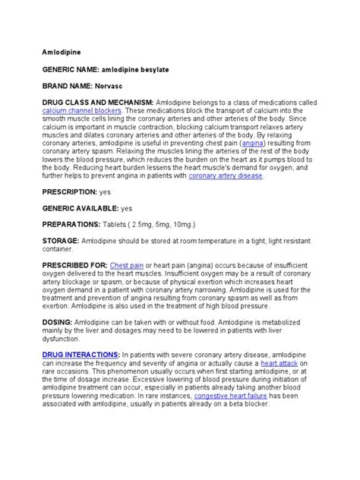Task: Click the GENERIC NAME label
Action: click(x=70, y=69)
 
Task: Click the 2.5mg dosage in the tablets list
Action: click(x=144, y=224)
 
